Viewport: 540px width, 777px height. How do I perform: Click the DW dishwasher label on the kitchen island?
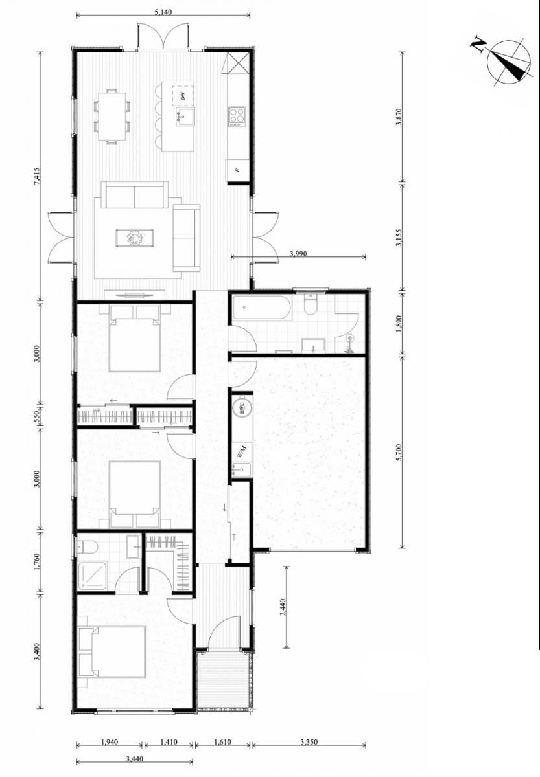click(x=183, y=95)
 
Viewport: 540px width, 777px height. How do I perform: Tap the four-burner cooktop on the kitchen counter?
click(x=237, y=116)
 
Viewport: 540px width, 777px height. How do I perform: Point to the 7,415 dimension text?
click(x=37, y=177)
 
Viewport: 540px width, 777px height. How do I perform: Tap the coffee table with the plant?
click(x=134, y=238)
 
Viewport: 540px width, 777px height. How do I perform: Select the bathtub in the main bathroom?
click(x=261, y=308)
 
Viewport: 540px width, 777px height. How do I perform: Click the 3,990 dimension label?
click(x=298, y=254)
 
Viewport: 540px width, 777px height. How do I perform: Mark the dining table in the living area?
click(x=112, y=116)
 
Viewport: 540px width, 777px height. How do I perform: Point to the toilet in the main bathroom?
click(x=310, y=304)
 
